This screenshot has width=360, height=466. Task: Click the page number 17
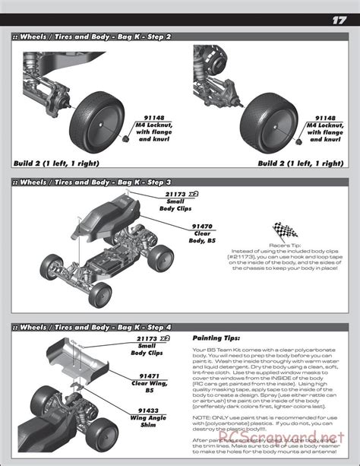click(339, 21)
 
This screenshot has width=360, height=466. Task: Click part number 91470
click(201, 226)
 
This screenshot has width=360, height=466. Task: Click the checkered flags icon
click(286, 231)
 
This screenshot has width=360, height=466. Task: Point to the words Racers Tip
click(286, 246)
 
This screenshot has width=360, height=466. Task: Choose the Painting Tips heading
click(216, 338)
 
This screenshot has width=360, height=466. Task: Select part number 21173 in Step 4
click(149, 338)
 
